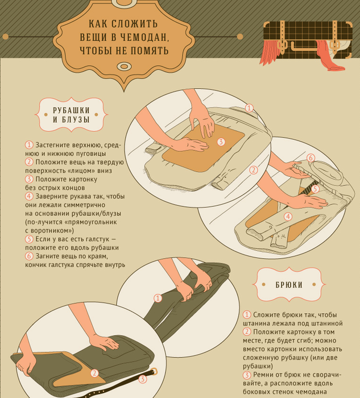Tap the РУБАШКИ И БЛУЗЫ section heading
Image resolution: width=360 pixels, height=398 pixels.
tap(71, 115)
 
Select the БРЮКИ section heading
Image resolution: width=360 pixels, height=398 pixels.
tap(289, 285)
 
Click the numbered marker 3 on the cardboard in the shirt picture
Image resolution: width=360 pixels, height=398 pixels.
tap(221, 142)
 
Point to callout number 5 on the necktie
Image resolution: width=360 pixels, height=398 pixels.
tap(315, 189)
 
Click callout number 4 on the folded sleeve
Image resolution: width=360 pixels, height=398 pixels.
tap(288, 217)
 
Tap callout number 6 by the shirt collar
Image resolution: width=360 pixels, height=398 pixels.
tap(311, 158)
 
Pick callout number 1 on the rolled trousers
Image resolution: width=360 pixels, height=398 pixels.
tap(158, 298)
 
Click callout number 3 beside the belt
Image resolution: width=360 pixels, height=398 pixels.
tap(143, 379)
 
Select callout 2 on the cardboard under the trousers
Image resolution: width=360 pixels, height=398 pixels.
tap(94, 373)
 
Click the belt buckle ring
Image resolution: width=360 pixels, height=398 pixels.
tap(154, 371)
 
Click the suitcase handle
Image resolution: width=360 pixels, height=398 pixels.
tap(305, 47)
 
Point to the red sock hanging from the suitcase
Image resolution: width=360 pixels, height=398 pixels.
tap(330, 56)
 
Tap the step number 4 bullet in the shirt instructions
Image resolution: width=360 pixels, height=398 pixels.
tap(29, 196)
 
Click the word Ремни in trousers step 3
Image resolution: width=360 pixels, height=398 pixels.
tap(264, 375)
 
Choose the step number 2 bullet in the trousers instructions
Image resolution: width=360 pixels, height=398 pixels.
tap(247, 332)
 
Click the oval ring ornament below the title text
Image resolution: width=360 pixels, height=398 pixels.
tap(124, 67)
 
